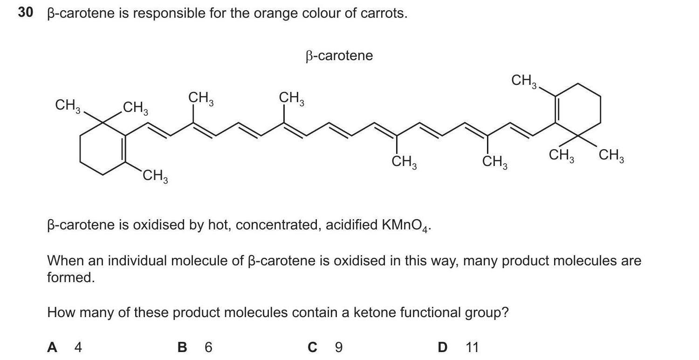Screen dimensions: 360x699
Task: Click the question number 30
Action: (x=26, y=13)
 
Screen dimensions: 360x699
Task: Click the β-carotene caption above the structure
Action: (x=339, y=56)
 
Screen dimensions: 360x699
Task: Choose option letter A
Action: (x=53, y=347)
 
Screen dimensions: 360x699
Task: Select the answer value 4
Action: (x=78, y=347)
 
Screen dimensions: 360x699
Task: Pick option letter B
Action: (x=183, y=347)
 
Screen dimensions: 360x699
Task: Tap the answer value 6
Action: (x=208, y=347)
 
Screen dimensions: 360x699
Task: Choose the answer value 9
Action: (x=339, y=347)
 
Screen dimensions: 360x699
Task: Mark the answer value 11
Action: (x=472, y=347)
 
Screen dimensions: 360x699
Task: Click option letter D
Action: (x=442, y=347)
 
